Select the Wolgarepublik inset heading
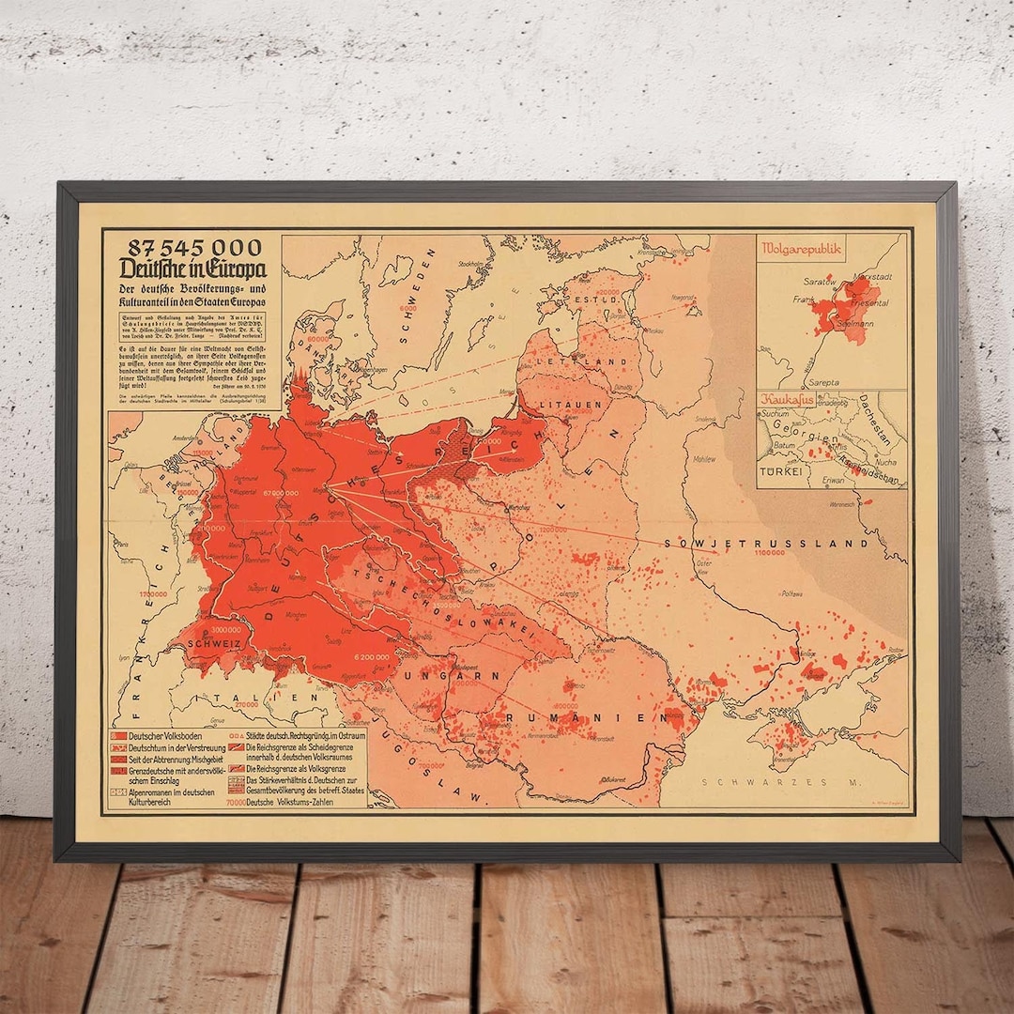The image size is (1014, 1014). pyautogui.click(x=804, y=249)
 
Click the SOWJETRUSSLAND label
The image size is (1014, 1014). pyautogui.click(x=766, y=543)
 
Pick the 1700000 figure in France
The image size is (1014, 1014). pyautogui.click(x=153, y=594)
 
